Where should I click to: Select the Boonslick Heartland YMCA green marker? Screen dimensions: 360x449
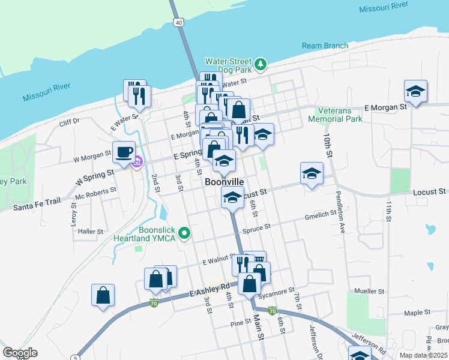click(185, 233)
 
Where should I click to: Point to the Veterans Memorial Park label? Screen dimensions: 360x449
click(336, 115)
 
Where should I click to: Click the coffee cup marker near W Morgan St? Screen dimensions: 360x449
click(124, 151)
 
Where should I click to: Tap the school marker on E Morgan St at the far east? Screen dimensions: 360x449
click(415, 91)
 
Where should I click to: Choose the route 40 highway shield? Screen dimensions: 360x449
click(178, 22)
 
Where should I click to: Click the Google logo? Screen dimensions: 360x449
click(20, 353)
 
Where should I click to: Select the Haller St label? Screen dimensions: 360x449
click(91, 230)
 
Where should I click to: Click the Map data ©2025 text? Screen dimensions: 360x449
click(422, 355)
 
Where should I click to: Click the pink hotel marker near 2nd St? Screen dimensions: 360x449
click(137, 161)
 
